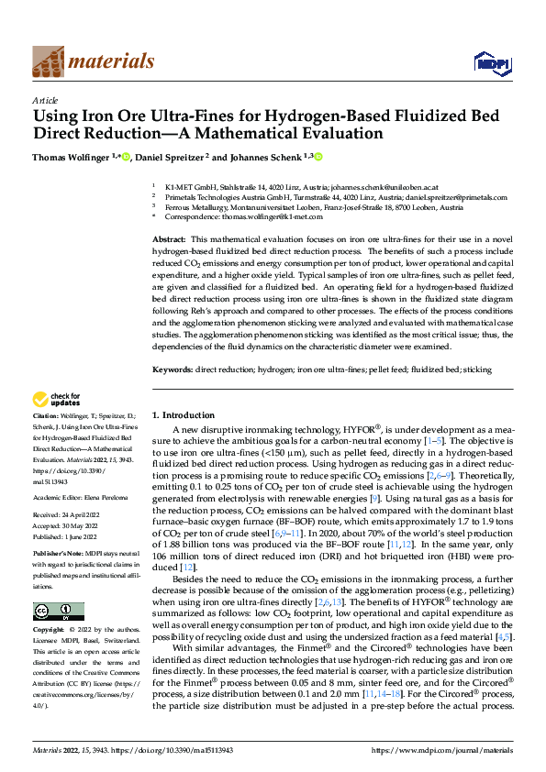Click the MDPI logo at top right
[x=490, y=62]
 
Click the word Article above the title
[x=45, y=100]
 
